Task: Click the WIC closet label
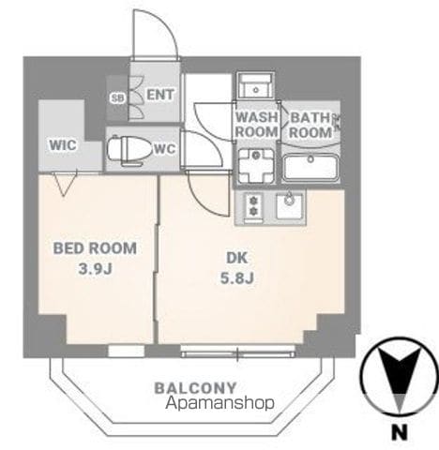(63, 145)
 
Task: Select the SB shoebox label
(117, 98)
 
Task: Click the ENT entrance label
(160, 95)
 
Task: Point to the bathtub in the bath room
(310, 168)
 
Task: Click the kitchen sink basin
(290, 206)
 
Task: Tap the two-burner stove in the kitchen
(253, 207)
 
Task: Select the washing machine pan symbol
(256, 166)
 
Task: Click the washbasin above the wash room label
(256, 85)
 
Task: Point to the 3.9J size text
(95, 269)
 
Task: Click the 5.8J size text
(236, 277)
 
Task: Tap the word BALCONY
(195, 388)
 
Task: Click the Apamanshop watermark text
(219, 403)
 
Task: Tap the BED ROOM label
(95, 248)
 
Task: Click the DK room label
(236, 258)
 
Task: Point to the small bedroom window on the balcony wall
(127, 351)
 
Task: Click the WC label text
(165, 149)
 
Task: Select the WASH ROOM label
(257, 125)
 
